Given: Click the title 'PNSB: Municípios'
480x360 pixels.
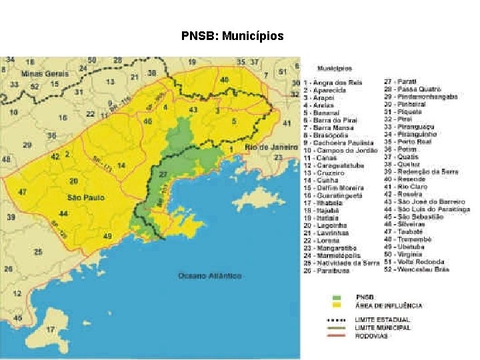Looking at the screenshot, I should coord(232,36).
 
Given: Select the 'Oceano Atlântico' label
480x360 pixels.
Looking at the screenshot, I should coord(209,275).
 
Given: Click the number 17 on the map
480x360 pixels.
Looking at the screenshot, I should coord(50,329).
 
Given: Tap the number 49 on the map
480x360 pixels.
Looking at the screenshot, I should coord(107,236).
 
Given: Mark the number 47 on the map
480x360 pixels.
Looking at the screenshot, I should coord(23,192).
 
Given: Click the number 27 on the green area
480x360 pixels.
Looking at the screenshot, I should coord(163,174).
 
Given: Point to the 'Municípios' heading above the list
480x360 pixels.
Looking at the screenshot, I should coord(335,68).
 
